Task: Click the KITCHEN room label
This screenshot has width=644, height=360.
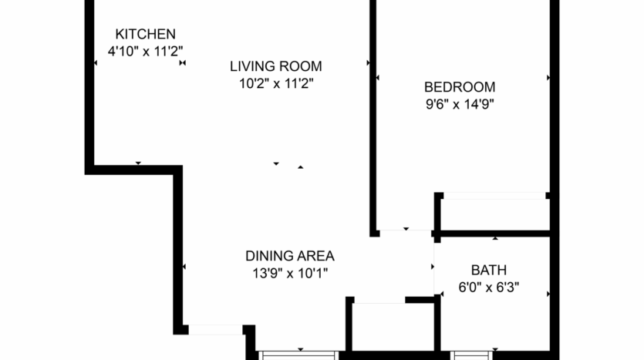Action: click(x=145, y=34)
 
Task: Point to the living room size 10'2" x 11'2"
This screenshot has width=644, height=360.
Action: click(x=275, y=82)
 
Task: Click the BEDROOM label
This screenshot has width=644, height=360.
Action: click(x=460, y=87)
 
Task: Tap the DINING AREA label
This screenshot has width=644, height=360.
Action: click(x=289, y=255)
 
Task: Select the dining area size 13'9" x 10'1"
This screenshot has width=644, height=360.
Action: click(x=289, y=272)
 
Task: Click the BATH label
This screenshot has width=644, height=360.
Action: click(x=488, y=270)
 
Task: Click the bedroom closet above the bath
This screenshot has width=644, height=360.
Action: click(x=494, y=214)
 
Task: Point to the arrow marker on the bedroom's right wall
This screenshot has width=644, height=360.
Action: click(x=548, y=78)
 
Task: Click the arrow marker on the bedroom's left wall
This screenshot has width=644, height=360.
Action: click(x=378, y=78)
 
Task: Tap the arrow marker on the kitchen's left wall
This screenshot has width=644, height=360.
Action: click(x=95, y=63)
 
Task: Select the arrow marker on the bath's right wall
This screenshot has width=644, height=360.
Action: click(x=548, y=294)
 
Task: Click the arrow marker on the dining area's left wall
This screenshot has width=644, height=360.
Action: click(x=184, y=267)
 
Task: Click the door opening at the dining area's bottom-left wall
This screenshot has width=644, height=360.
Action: click(x=216, y=330)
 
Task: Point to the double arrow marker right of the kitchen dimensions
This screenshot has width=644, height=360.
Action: click(x=183, y=63)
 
